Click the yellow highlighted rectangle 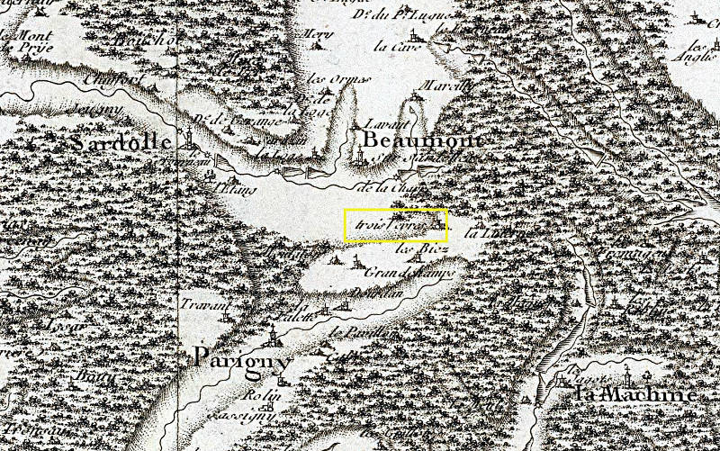click(395, 224)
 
